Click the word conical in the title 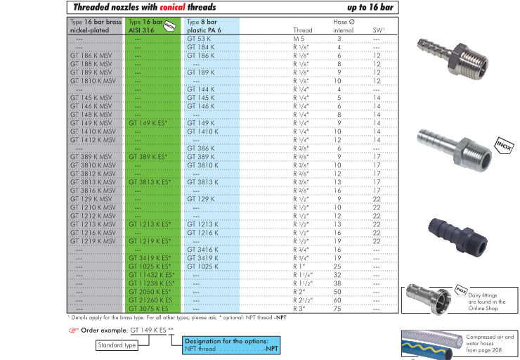pyautogui.click(x=172, y=7)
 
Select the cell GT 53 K pyautogui.click(x=199, y=39)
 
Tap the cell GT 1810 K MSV pyautogui.click(x=93, y=81)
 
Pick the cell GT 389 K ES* pyautogui.click(x=148, y=157)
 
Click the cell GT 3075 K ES pyautogui.click(x=148, y=309)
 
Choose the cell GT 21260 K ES pyautogui.click(x=150, y=300)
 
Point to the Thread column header pyautogui.click(x=302, y=30)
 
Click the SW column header pyautogui.click(x=379, y=30)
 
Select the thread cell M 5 pyautogui.click(x=299, y=39)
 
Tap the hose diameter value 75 pyautogui.click(x=337, y=309)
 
